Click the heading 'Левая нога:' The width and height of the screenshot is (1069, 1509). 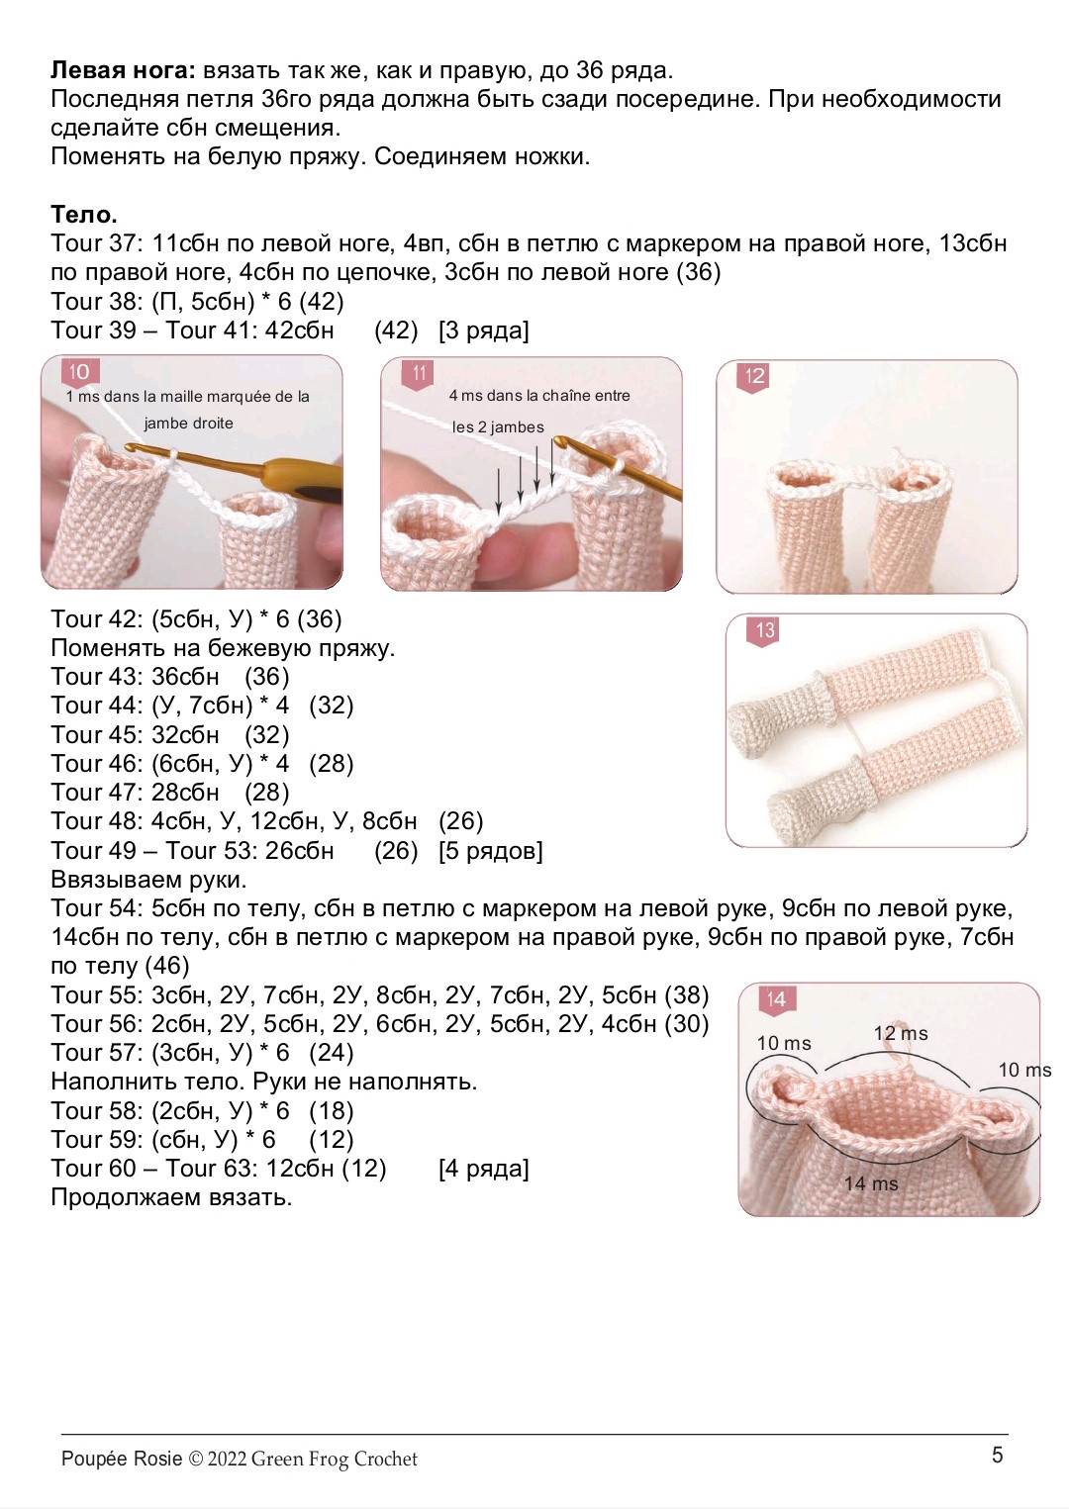click(124, 70)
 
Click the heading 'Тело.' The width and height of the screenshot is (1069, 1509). click(84, 214)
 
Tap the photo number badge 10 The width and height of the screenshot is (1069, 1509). click(80, 372)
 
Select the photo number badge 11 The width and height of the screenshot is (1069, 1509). click(419, 374)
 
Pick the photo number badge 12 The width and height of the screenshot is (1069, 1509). click(754, 377)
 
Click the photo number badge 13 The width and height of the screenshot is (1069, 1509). click(764, 631)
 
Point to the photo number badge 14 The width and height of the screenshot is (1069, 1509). click(777, 999)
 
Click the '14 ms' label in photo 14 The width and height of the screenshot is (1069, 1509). click(871, 1182)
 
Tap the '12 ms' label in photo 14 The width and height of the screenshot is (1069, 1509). click(901, 1033)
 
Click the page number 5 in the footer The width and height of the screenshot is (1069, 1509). click(998, 1455)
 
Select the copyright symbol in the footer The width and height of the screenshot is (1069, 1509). click(195, 1460)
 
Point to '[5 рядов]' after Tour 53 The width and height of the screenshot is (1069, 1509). click(490, 851)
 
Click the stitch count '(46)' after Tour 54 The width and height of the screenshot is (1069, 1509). click(167, 966)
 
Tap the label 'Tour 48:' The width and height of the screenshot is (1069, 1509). click(97, 821)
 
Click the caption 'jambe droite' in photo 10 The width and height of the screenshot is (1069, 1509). click(188, 424)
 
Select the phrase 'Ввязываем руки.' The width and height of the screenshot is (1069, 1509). click(148, 880)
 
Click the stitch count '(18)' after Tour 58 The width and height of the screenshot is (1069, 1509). click(332, 1111)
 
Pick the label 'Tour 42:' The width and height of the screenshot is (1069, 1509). click(97, 619)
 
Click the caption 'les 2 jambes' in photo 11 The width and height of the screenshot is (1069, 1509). click(498, 427)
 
